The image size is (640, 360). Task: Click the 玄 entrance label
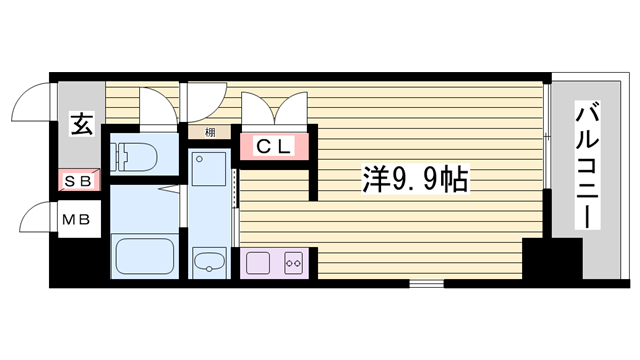click(x=79, y=125)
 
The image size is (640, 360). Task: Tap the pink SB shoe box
click(x=78, y=181)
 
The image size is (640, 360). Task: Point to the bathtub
click(x=145, y=256)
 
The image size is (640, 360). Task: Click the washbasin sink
click(x=211, y=264)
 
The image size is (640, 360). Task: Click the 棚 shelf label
click(x=210, y=131)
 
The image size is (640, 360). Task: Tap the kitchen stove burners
click(x=295, y=264)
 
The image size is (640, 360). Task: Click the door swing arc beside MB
click(x=35, y=220)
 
